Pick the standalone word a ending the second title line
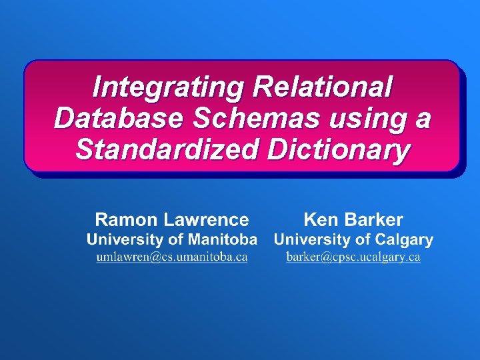pyautogui.click(x=423, y=118)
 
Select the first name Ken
pyautogui.click(x=319, y=219)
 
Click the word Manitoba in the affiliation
pyautogui.click(x=222, y=239)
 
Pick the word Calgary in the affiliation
pyautogui.click(x=404, y=239)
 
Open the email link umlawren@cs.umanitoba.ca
pyautogui.click(x=172, y=257)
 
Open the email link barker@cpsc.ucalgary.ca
pyautogui.click(x=353, y=257)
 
